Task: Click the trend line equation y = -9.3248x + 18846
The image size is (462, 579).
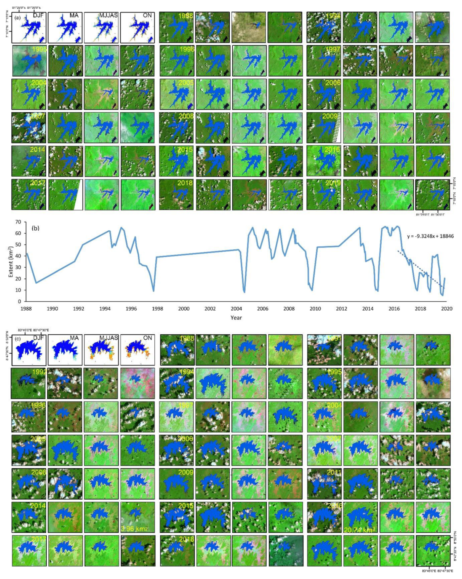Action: (x=430, y=236)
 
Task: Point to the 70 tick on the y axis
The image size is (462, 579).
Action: (x=18, y=222)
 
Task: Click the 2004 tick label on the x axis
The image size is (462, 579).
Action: (x=236, y=309)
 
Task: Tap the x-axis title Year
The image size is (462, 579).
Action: (x=236, y=317)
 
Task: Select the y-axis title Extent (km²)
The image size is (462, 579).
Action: (x=11, y=262)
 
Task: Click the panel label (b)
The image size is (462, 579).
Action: (x=35, y=228)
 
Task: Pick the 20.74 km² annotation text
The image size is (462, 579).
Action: (x=359, y=530)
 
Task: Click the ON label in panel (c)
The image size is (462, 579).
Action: (x=147, y=338)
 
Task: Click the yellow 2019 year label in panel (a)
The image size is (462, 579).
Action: (x=332, y=183)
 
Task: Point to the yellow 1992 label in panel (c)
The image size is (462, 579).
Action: (x=40, y=372)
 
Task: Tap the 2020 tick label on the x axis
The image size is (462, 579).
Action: (x=447, y=309)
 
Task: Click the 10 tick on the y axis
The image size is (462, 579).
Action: (x=18, y=290)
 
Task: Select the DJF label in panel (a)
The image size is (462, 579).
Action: (x=38, y=15)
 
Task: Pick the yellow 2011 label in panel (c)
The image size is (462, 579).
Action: (x=334, y=472)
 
